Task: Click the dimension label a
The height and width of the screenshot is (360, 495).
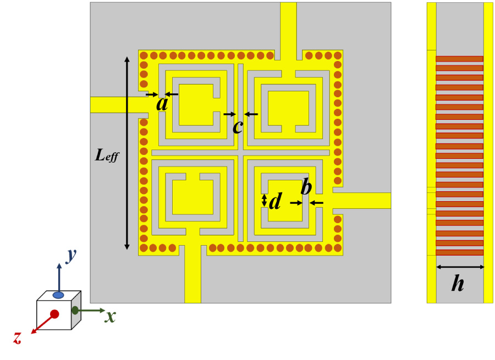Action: pyautogui.click(x=162, y=104)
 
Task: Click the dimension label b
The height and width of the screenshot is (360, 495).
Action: pyautogui.click(x=306, y=187)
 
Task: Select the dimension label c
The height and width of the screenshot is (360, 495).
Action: pyautogui.click(x=238, y=126)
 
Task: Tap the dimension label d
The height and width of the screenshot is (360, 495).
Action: pyautogui.click(x=276, y=202)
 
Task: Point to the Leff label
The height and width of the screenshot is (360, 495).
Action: pyautogui.click(x=107, y=156)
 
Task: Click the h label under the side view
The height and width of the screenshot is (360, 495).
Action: pyautogui.click(x=458, y=284)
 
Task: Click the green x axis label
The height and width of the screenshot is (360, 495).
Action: pyautogui.click(x=111, y=316)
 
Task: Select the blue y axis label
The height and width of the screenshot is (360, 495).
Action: pyautogui.click(x=71, y=254)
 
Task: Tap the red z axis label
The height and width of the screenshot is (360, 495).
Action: pyautogui.click(x=18, y=337)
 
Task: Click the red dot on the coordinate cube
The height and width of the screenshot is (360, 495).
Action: pyautogui.click(x=54, y=314)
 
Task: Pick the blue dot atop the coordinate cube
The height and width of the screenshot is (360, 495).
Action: pyautogui.click(x=58, y=295)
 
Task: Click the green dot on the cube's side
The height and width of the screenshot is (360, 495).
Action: pyautogui.click(x=75, y=310)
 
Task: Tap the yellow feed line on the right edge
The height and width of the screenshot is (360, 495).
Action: pyautogui.click(x=363, y=201)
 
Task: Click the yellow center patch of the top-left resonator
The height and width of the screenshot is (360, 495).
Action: pyautogui.click(x=196, y=104)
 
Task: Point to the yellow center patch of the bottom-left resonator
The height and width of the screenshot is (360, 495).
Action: pyautogui.click(x=193, y=197)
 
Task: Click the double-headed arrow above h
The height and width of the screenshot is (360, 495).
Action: pyautogui.click(x=460, y=267)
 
